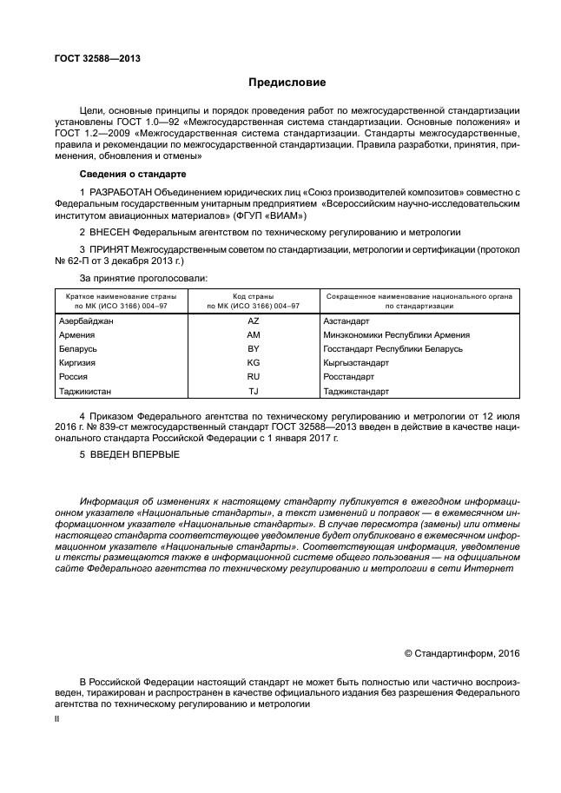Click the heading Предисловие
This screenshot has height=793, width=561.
coord(287,83)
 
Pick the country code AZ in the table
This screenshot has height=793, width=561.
coord(253,321)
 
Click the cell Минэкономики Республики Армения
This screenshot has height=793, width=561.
coord(396,334)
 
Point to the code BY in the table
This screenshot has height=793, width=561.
coord(253,348)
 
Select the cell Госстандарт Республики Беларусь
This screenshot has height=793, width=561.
coord(393,348)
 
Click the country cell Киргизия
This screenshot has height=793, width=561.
coord(76,363)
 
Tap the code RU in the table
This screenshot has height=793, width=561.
coord(253,377)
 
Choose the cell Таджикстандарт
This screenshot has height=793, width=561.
coord(358,392)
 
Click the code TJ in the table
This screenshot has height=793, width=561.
coord(253,392)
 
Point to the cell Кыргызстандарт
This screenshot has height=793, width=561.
coord(358,363)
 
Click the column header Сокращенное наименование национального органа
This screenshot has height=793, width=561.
coord(419,297)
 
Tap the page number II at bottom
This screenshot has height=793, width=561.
coord(57,719)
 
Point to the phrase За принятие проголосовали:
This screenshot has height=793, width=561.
coord(143,278)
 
